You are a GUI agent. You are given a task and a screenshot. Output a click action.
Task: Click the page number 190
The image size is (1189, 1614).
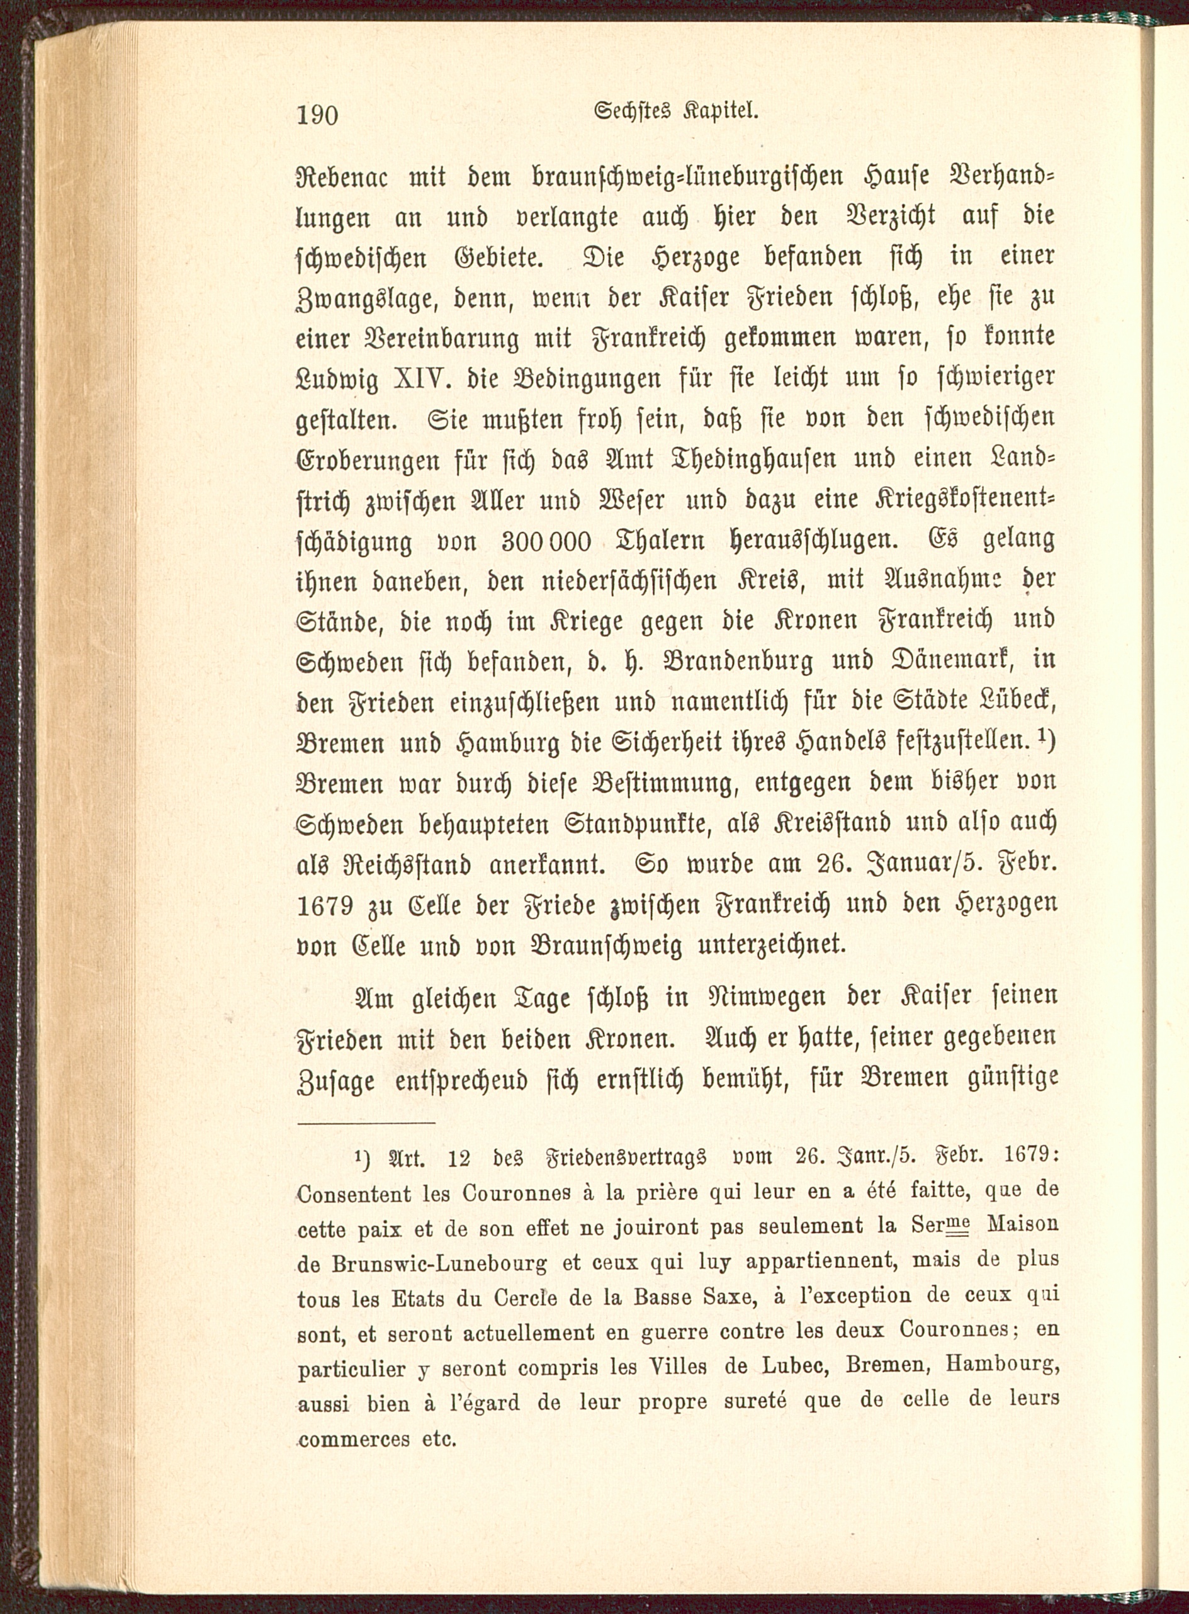(x=317, y=114)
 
